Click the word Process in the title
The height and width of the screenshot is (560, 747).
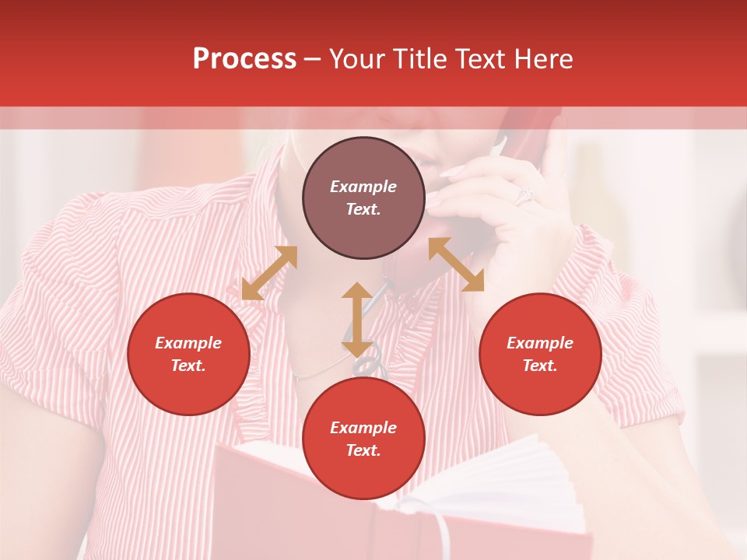244,59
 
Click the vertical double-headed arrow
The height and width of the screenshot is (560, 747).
357,320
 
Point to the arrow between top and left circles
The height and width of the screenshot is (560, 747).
269,273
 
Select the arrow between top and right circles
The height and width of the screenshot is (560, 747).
456,264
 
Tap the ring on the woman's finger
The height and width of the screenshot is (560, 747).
524,194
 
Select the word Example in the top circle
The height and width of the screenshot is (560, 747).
363,187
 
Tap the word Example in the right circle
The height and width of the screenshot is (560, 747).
540,343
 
